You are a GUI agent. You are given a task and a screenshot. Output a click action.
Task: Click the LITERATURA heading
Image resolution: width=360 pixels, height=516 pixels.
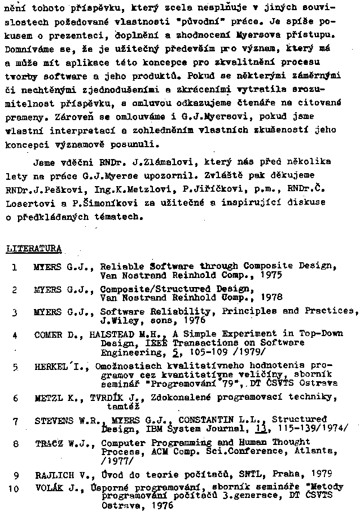coord(33,248)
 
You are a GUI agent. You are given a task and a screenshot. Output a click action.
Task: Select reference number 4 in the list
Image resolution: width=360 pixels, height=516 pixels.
coord(15,334)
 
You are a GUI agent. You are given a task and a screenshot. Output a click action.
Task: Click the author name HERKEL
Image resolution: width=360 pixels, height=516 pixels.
coord(50,367)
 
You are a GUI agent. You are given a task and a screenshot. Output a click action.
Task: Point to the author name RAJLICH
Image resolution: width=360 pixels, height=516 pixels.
coord(52,474)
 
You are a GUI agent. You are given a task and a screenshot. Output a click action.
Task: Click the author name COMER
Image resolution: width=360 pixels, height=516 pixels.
coord(47,334)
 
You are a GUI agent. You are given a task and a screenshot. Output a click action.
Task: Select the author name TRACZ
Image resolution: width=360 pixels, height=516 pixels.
coord(48,443)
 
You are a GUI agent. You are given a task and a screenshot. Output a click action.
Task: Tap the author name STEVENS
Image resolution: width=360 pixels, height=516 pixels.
coord(54,420)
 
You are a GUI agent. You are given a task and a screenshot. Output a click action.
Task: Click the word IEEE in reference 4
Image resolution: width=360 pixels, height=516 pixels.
coord(152,342)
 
